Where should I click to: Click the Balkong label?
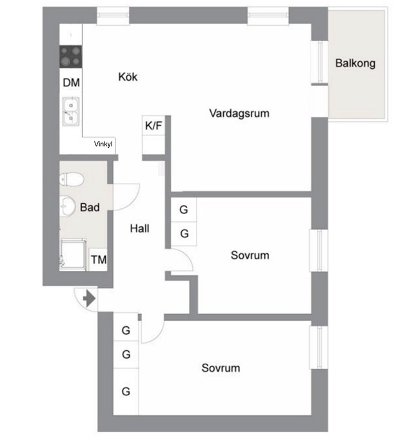click(356, 63)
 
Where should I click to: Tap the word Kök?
click(128, 77)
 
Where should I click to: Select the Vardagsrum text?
click(239, 114)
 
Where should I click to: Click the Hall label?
click(139, 228)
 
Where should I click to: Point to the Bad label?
click(90, 208)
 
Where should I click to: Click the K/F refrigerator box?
click(153, 126)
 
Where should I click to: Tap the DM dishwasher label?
click(71, 83)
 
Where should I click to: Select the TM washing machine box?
click(99, 260)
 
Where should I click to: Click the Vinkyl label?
click(103, 144)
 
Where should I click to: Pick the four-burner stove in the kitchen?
click(71, 55)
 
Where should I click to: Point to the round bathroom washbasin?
click(68, 206)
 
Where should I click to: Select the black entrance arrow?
click(88, 299)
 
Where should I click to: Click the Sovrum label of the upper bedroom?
click(250, 255)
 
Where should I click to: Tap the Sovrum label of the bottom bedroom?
click(221, 368)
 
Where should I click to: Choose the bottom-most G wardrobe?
click(126, 391)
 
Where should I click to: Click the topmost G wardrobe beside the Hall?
click(184, 210)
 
